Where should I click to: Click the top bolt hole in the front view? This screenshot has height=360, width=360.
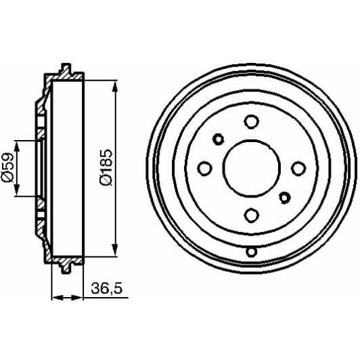click(252, 122)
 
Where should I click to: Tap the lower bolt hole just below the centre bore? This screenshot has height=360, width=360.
click(252, 215)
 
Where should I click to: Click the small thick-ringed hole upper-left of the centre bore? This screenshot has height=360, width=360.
click(219, 139)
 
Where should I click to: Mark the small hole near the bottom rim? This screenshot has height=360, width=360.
click(252, 252)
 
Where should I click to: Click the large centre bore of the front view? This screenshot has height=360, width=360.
click(252, 168)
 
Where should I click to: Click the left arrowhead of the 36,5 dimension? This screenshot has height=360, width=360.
click(55, 296)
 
